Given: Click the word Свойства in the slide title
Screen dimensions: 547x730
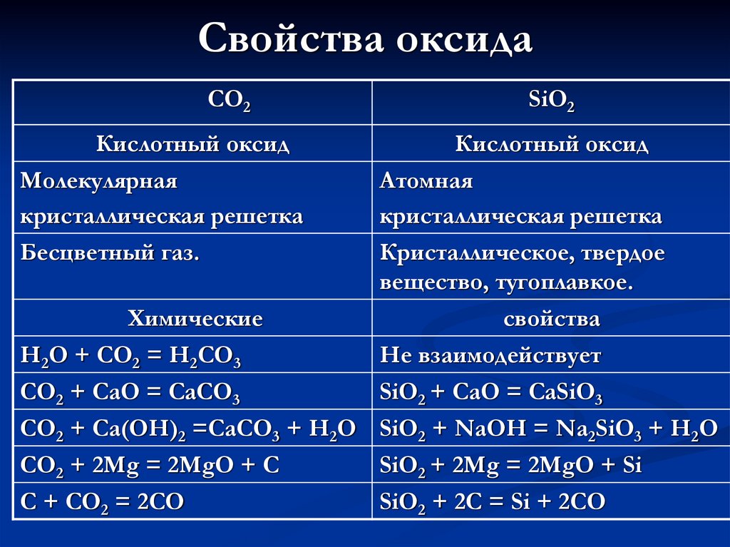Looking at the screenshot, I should (288, 39).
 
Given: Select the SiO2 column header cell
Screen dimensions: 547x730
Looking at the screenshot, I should (551, 103).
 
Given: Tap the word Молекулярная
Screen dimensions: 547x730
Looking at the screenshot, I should (98, 181).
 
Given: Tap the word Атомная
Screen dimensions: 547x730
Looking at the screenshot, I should (426, 181).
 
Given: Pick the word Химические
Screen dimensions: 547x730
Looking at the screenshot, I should (195, 318).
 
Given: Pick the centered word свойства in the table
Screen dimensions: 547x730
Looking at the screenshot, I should (551, 318).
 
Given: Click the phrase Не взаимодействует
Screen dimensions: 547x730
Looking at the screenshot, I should (490, 355).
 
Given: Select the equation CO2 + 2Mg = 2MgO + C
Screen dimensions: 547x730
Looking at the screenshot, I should (150, 466).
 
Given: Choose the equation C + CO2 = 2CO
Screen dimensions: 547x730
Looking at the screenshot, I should (103, 502).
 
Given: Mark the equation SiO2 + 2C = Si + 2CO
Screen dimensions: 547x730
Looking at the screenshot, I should (493, 502).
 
